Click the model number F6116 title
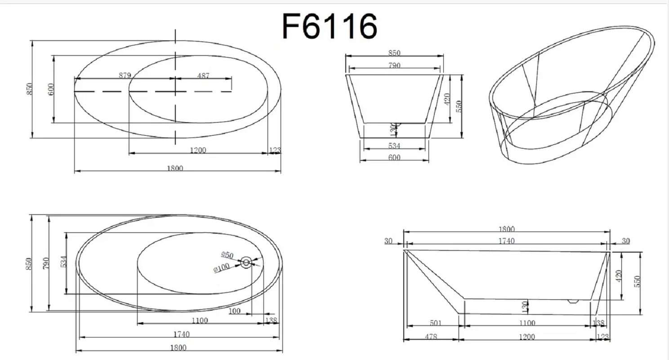point(330,26)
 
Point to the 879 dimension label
point(125,75)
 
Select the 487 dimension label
point(203,76)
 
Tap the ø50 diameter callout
point(227,255)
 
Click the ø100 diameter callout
point(222,267)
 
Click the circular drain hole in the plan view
point(246,262)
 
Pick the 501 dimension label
point(436,323)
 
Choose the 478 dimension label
point(431,337)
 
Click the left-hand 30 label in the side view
point(388,240)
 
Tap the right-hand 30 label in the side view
point(626,240)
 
